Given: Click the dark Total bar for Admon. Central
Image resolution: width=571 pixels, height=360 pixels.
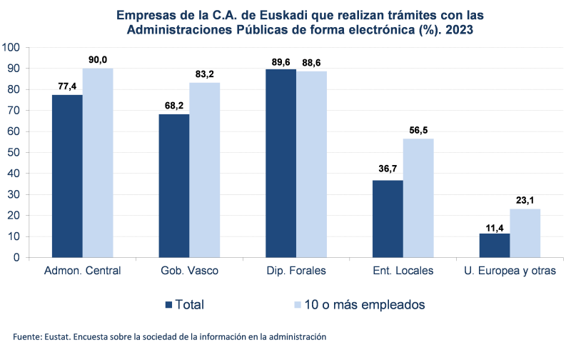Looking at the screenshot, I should click(67, 175).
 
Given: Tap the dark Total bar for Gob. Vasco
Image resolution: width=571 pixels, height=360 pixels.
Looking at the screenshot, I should click(173, 185).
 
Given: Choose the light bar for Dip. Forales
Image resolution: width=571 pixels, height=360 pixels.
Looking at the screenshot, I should click(312, 164).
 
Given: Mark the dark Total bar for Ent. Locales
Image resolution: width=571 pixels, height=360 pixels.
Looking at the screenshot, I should click(388, 219).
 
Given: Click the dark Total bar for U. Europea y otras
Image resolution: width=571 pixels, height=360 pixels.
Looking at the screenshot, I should click(495, 245).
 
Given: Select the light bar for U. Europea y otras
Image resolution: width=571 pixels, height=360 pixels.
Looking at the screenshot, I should click(525, 233).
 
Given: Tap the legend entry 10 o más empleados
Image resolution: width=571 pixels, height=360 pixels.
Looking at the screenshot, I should click(360, 304).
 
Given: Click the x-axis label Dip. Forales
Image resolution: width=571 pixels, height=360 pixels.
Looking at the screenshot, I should click(296, 271).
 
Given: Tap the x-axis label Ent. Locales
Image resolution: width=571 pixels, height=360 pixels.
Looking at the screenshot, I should click(403, 271).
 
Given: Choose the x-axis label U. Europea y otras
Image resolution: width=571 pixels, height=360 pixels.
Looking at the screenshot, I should click(510, 271).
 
